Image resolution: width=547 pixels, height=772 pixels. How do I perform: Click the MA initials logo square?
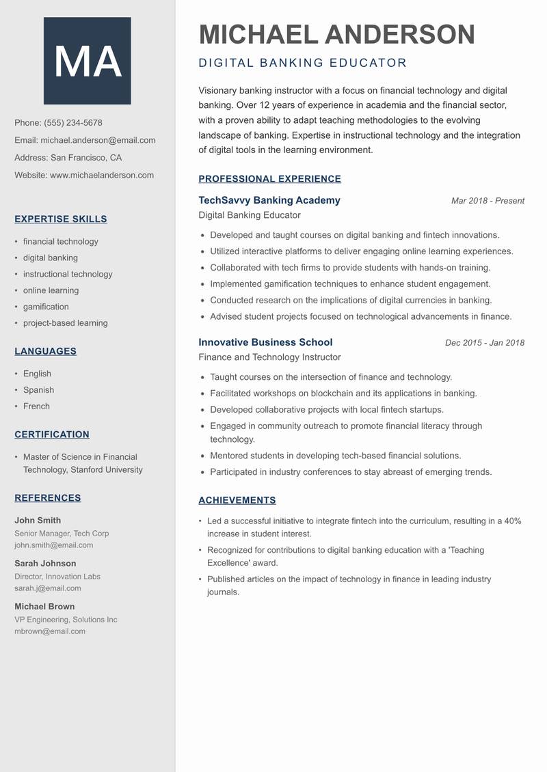[88, 61]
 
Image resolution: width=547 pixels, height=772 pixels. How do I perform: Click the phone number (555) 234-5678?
[73, 123]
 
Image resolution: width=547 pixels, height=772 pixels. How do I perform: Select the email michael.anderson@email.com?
[98, 140]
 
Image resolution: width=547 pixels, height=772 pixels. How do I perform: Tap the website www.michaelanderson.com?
[102, 175]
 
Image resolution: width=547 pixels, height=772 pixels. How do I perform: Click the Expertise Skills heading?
[61, 219]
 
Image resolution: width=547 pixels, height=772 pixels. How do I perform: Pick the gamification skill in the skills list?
[46, 307]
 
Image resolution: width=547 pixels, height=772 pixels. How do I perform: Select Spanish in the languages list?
[38, 390]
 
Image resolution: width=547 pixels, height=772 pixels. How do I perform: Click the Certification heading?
[52, 435]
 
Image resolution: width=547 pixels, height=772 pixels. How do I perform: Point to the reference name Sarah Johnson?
[45, 564]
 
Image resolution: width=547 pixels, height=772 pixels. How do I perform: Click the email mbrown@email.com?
[50, 631]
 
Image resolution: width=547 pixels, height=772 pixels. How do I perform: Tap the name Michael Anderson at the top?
[336, 34]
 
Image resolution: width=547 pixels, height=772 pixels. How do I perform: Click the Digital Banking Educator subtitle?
[302, 64]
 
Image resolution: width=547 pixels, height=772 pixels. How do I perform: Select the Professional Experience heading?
[269, 179]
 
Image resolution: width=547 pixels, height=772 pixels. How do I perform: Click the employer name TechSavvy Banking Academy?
[269, 200]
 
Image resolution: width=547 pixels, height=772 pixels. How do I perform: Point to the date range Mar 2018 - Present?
[488, 201]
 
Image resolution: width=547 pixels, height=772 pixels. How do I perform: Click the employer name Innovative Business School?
[265, 342]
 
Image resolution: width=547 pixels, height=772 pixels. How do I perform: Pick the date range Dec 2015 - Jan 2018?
[484, 343]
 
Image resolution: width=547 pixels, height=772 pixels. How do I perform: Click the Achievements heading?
[237, 500]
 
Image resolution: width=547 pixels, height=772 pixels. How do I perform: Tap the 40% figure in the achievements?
[512, 521]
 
